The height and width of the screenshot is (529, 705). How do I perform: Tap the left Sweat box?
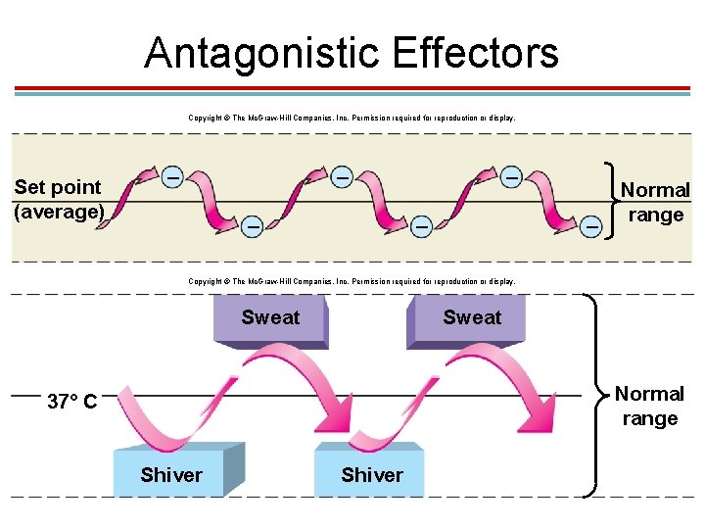[270, 318]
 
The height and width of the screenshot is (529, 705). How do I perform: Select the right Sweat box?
[472, 318]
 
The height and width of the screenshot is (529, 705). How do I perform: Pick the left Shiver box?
[171, 475]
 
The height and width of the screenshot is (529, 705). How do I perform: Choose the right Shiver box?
[372, 475]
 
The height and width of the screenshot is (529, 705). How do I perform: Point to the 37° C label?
[71, 401]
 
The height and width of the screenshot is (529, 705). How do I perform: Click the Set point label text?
[58, 187]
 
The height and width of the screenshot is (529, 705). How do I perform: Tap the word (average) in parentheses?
[59, 211]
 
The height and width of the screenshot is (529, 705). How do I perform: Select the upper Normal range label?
[655, 202]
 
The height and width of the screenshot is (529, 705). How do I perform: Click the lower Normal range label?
[649, 406]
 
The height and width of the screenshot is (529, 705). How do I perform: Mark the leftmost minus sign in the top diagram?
[171, 178]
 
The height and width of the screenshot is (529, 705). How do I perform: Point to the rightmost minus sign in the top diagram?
[590, 225]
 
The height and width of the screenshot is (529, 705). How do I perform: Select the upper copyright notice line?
[352, 118]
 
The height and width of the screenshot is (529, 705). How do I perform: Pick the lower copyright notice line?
[352, 281]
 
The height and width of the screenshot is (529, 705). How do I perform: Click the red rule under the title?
[352, 88]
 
